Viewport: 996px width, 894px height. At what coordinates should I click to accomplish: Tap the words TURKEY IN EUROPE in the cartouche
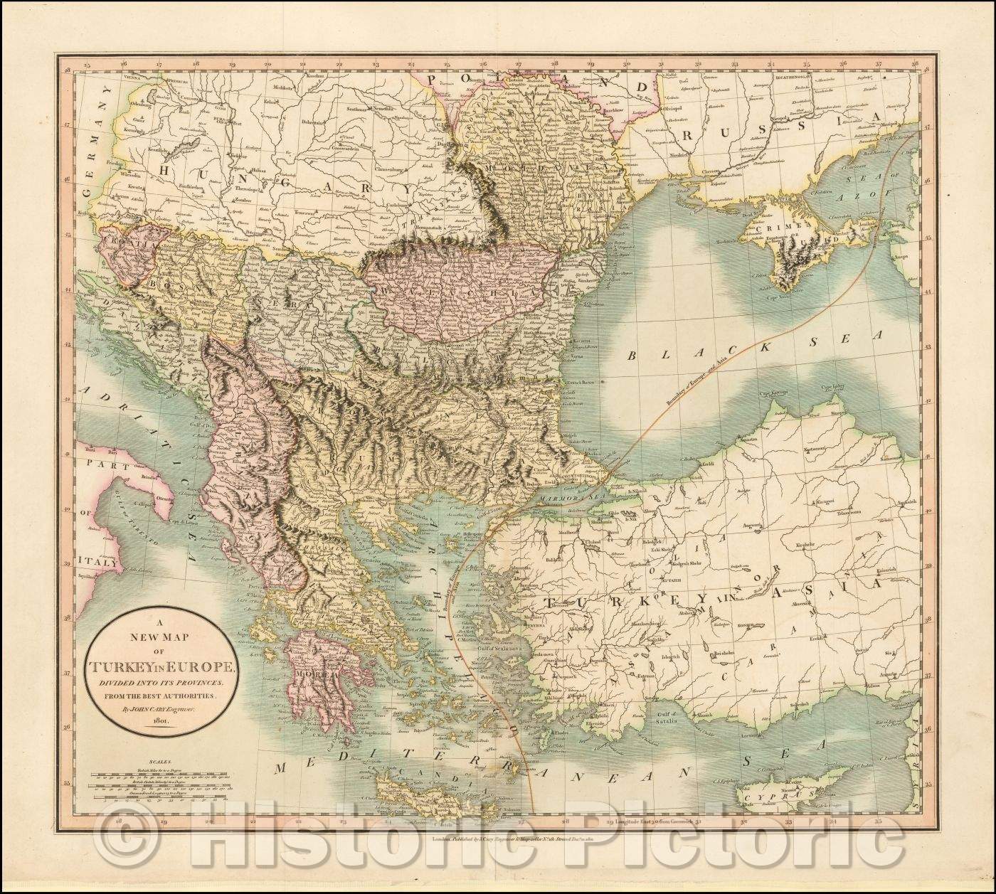click(165, 666)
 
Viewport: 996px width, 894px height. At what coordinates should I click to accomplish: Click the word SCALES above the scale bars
click(150, 760)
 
